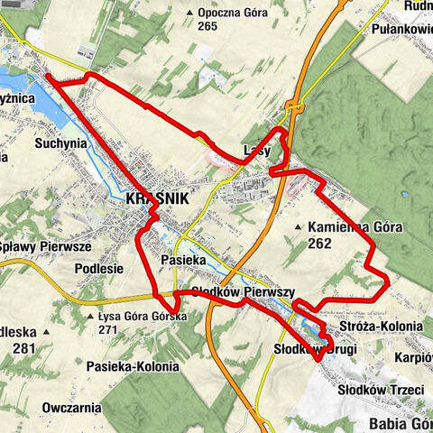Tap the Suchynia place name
point(60,143)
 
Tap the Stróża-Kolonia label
point(382,326)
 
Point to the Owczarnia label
point(71,407)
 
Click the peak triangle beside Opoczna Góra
point(189,13)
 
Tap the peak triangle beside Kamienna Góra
point(299,226)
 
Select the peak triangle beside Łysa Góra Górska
point(90,317)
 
